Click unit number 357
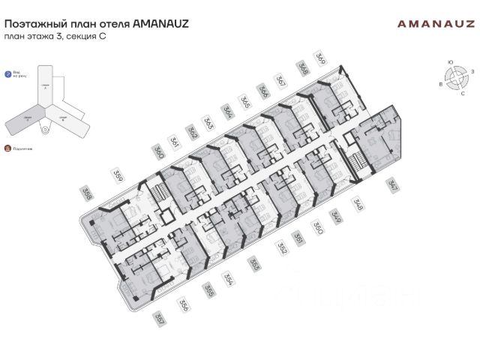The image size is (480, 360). pos(158,318)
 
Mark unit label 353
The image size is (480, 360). pos(255,264)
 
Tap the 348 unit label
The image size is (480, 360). pos(358,205)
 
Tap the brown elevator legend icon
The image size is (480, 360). pos(7,148)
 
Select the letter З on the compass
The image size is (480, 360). pos(473,70)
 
